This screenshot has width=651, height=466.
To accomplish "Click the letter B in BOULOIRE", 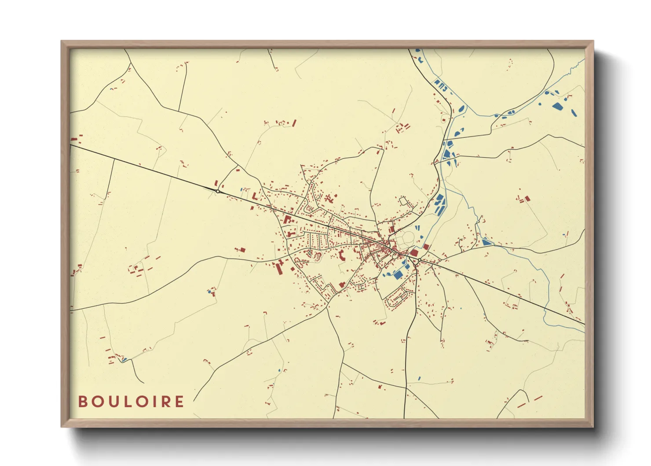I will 82,402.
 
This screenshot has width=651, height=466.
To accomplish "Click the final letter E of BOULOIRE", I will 179,402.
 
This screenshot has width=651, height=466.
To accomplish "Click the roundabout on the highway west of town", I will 218,192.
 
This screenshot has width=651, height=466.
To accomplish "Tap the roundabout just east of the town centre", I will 419,260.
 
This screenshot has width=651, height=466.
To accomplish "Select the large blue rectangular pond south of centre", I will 398,275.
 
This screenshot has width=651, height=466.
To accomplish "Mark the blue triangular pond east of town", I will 486,242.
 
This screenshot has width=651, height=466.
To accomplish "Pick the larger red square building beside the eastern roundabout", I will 414,253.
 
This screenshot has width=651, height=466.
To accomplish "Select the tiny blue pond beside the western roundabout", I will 241,189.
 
